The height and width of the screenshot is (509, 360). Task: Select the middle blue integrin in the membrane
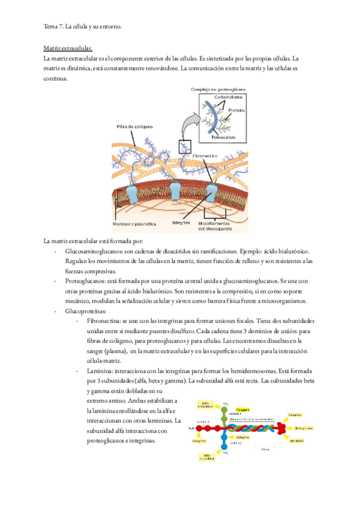point(175,190)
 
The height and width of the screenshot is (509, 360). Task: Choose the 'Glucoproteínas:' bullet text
point(86,312)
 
